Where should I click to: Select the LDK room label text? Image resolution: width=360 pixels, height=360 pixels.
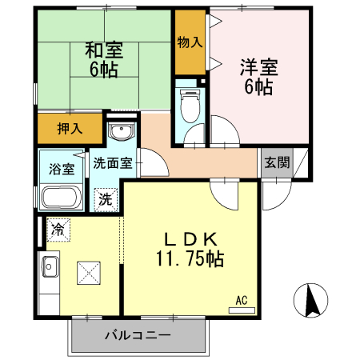(190, 238)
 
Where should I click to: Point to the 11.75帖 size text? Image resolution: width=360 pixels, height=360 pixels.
(190, 258)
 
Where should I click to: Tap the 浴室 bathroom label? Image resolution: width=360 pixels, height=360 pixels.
(62, 169)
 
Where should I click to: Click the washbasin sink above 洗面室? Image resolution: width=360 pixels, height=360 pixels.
(121, 133)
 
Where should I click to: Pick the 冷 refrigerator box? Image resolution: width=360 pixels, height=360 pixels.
(58, 230)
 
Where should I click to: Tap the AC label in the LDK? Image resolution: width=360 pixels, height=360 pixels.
(241, 302)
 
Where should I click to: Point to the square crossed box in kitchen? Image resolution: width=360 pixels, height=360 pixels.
(88, 273)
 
